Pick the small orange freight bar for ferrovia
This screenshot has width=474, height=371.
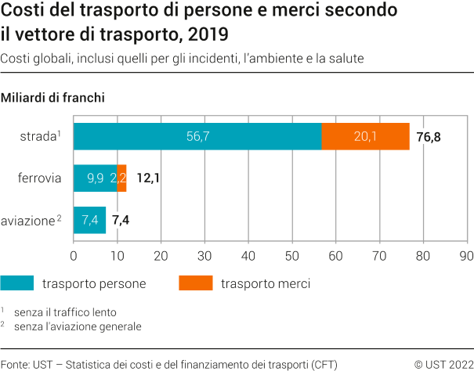[121, 178]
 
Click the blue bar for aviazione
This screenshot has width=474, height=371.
[89, 220]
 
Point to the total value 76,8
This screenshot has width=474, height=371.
[429, 137]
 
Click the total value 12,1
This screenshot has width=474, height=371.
[147, 178]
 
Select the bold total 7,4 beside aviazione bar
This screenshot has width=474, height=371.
[121, 220]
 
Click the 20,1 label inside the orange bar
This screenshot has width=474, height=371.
[365, 136]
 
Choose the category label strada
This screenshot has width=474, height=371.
[37, 137]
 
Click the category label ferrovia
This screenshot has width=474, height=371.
[39, 178]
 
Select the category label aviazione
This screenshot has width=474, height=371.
[30, 221]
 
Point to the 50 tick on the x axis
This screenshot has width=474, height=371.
[292, 255]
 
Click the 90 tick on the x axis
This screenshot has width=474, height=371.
[467, 255]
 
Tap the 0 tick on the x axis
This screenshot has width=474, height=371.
[74, 255]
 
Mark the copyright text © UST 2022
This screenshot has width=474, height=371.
[443, 363]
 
